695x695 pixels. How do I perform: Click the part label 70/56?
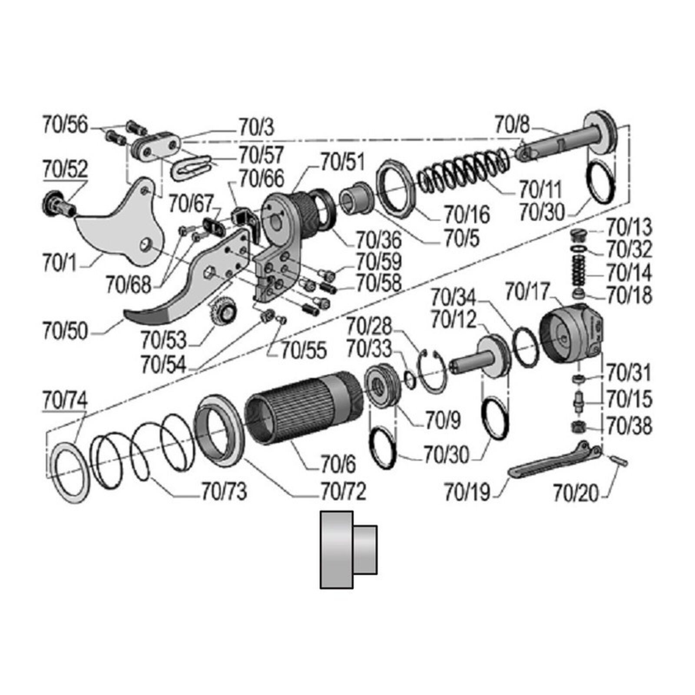pos(65,125)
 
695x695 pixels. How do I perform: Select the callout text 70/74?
pos(65,400)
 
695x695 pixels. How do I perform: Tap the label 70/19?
pos(467,493)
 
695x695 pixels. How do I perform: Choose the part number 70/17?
pos(527,292)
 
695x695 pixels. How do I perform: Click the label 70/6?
pos(338,464)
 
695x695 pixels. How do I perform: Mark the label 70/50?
pos(65,331)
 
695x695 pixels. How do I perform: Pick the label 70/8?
pos(512,126)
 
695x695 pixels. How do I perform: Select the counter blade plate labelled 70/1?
pos(122,226)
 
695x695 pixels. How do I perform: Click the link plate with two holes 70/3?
pos(156,146)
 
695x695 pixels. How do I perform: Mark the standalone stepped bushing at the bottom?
pos(347,549)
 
